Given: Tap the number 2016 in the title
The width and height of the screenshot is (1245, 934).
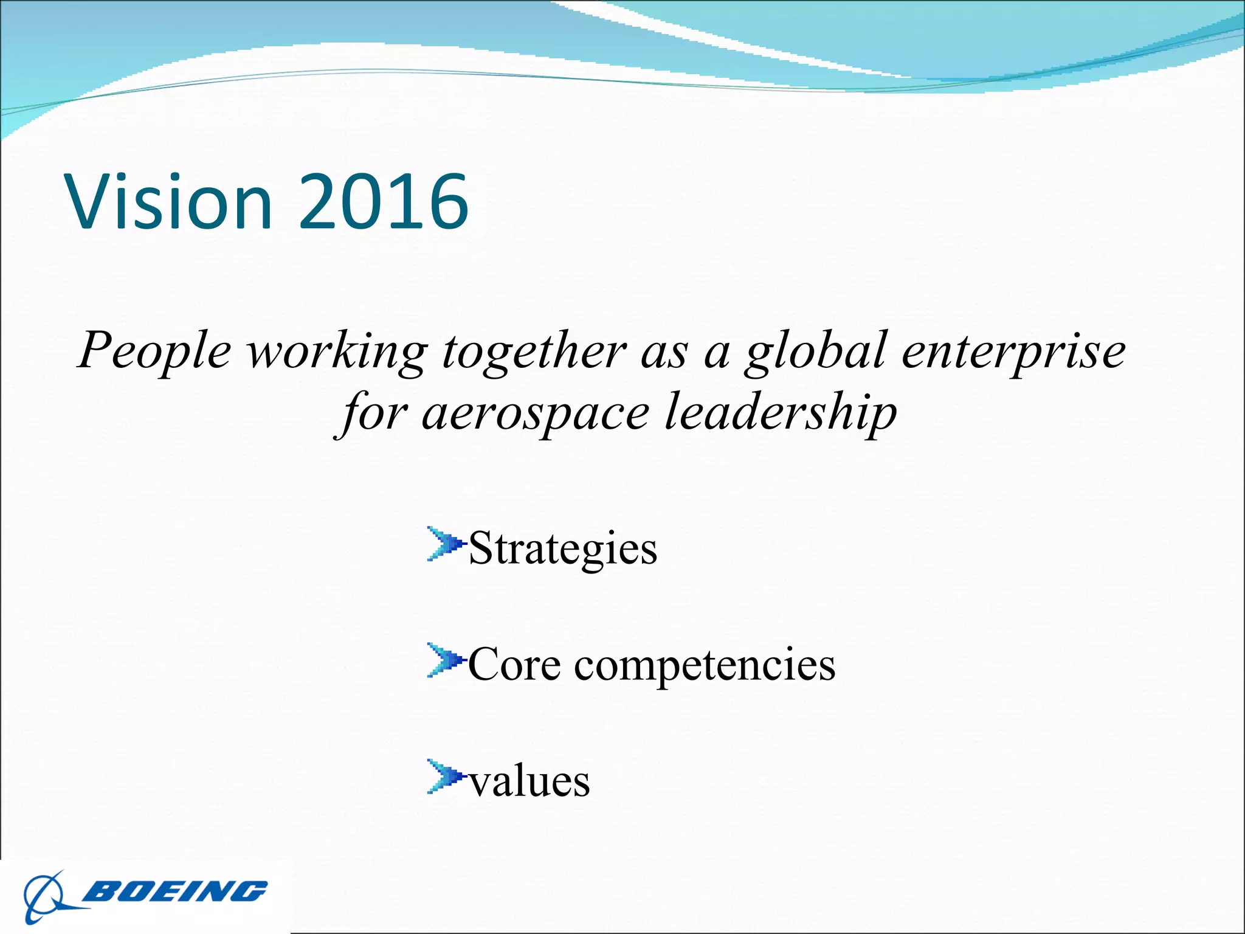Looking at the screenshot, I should pyautogui.click(x=384, y=202).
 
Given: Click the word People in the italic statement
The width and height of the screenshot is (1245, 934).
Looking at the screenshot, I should pyautogui.click(x=155, y=351).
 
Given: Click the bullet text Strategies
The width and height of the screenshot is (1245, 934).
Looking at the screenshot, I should pyautogui.click(x=562, y=549).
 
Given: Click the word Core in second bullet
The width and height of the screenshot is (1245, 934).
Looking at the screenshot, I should pyautogui.click(x=514, y=665).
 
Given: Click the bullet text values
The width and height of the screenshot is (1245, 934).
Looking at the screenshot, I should pyautogui.click(x=529, y=782).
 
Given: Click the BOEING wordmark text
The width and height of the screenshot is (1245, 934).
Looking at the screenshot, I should pyautogui.click(x=175, y=891).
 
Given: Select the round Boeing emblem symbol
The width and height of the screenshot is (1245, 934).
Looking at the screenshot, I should pyautogui.click(x=44, y=898).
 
